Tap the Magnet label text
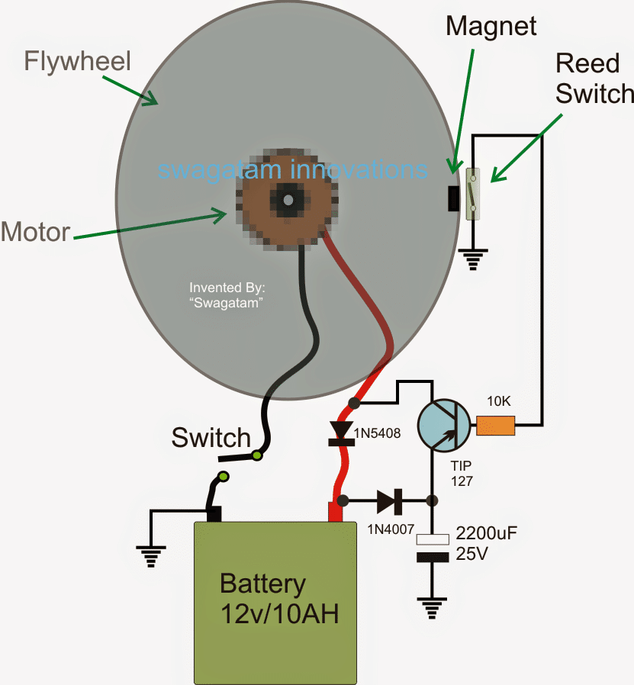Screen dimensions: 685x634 [491, 26]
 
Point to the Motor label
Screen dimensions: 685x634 [35, 230]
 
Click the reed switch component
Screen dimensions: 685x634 [474, 195]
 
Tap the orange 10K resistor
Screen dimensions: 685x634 [495, 425]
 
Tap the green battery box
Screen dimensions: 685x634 [275, 602]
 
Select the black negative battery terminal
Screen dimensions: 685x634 [214, 514]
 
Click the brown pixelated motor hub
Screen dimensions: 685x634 [288, 201]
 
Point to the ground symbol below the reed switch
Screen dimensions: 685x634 [474, 260]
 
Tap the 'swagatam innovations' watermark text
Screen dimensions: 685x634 [291, 169]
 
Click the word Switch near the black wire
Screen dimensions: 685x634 [211, 438]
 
